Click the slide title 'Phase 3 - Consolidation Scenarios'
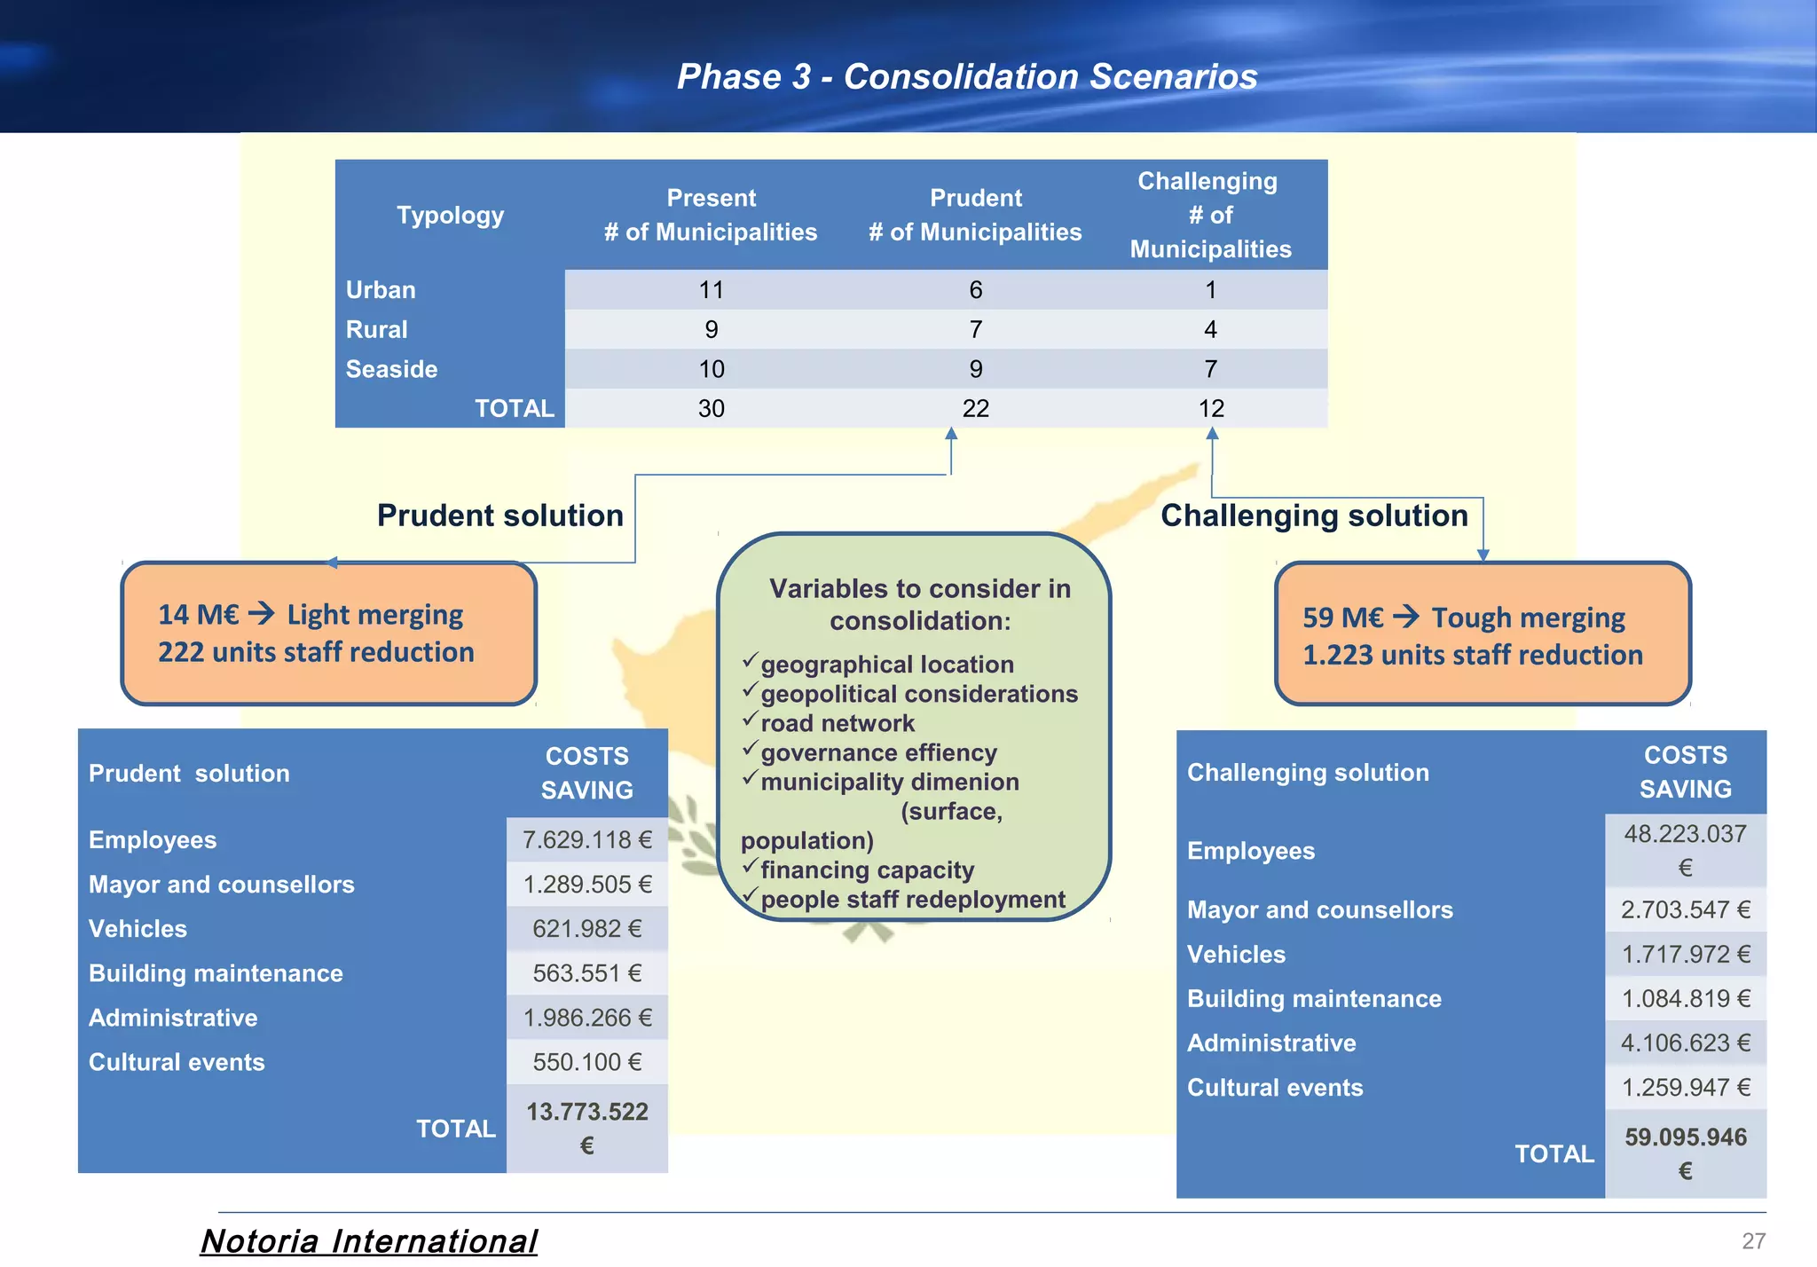967,76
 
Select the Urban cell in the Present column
711,290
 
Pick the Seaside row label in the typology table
391,369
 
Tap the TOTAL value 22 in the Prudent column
975,408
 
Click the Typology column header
450,216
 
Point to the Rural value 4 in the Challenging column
1210,330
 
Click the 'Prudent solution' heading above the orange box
499,515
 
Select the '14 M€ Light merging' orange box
329,633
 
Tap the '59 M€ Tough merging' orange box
1483,635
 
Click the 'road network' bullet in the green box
837,723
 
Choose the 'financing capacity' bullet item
867,870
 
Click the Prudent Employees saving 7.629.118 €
586,839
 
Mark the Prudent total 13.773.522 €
586,1128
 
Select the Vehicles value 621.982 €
586,929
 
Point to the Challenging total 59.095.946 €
1685,1153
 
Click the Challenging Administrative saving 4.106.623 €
1685,1043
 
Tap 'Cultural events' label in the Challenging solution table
1275,1088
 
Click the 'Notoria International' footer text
369,1240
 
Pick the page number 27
1753,1240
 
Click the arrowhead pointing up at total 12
1212,434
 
